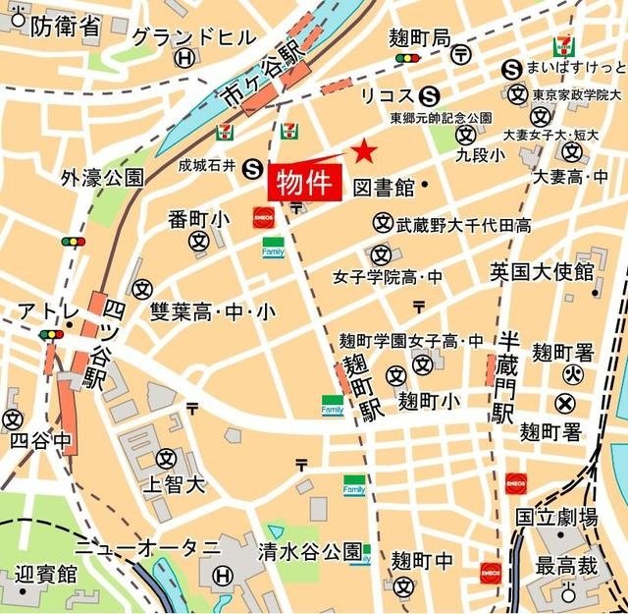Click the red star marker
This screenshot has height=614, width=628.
click(x=364, y=151)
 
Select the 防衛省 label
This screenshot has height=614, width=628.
click(x=65, y=27)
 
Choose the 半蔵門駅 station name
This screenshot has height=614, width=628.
click(x=507, y=378)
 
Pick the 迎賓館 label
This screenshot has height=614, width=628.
click(x=45, y=573)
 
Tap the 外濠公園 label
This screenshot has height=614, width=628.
click(x=102, y=178)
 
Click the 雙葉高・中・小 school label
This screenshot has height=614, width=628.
click(x=213, y=312)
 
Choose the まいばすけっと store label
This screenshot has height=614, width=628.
click(x=577, y=68)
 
